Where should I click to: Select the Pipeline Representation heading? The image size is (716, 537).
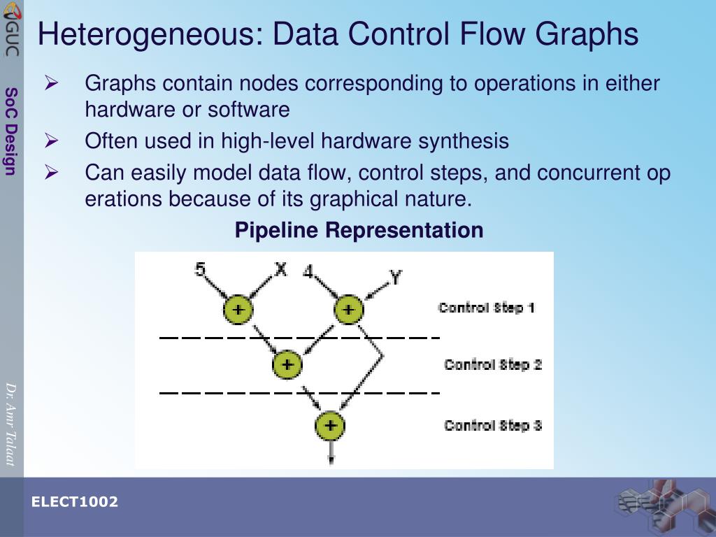[359, 230]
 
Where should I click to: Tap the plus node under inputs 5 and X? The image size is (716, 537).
[238, 309]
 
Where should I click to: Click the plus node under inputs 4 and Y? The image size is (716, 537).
[348, 309]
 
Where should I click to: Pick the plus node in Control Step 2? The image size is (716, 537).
[287, 364]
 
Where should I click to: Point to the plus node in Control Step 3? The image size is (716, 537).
[330, 425]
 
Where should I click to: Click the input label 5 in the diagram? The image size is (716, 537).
[200, 268]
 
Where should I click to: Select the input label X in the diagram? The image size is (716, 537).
[280, 268]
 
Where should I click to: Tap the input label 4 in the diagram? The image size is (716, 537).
[308, 271]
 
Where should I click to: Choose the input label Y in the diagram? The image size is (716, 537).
[396, 278]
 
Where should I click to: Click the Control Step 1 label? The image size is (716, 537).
[487, 308]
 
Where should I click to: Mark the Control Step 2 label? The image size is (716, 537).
[493, 364]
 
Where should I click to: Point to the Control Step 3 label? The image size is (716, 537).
[493, 425]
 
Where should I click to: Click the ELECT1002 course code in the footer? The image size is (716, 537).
[74, 502]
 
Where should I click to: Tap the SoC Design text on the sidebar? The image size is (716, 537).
[10, 131]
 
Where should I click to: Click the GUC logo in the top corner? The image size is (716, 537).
[11, 28]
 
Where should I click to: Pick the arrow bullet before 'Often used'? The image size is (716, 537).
[51, 141]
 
